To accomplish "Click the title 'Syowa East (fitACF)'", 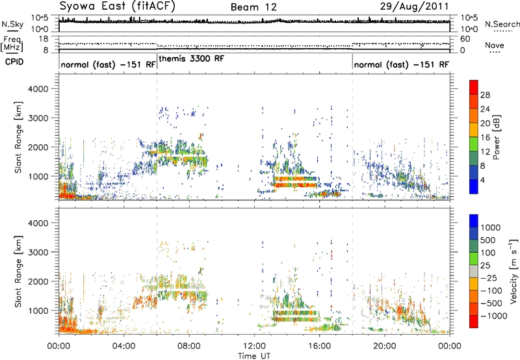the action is [x=117, y=6].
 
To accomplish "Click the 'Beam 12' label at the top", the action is [x=253, y=7].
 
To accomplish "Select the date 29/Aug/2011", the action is [x=414, y=6].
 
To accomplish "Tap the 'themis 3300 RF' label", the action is [x=192, y=58].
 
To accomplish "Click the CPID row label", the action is [x=14, y=62].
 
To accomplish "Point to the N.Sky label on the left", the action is [x=12, y=24].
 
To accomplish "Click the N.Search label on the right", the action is [x=502, y=24].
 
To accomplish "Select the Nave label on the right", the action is [x=495, y=45].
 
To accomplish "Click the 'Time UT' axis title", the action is [x=254, y=355].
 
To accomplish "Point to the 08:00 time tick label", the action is [x=189, y=346].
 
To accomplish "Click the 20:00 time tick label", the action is [x=384, y=346].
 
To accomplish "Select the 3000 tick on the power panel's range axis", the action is [x=38, y=118].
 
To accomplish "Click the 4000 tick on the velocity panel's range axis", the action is [x=38, y=223].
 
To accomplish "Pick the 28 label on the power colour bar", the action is [x=485, y=95].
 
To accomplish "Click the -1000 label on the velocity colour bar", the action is [x=494, y=316].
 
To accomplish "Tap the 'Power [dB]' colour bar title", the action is [x=496, y=137].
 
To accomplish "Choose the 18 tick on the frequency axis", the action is [x=44, y=39].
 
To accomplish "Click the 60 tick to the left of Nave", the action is [x=465, y=39].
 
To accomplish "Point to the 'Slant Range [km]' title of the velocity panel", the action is [x=18, y=272].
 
